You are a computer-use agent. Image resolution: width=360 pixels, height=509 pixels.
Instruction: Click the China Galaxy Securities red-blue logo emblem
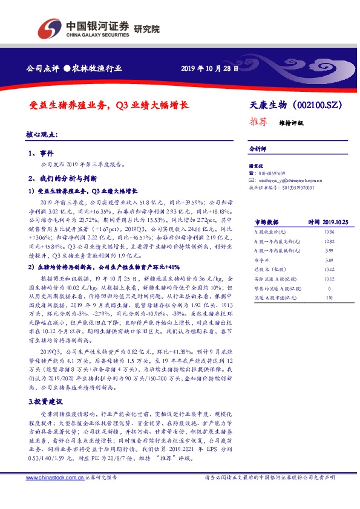[50, 28]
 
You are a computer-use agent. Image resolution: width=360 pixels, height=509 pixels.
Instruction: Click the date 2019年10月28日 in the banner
[210, 69]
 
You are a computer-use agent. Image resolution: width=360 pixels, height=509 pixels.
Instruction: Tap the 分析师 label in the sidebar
[258, 148]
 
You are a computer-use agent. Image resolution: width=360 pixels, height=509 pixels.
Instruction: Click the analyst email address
[290, 180]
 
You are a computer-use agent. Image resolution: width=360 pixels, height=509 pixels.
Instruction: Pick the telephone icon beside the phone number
[252, 173]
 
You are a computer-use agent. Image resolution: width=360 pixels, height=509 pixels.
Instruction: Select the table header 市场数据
[266, 222]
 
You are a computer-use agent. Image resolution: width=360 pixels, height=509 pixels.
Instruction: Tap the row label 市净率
[261, 259]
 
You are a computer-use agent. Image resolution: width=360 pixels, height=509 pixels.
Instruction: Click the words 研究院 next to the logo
[146, 28]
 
